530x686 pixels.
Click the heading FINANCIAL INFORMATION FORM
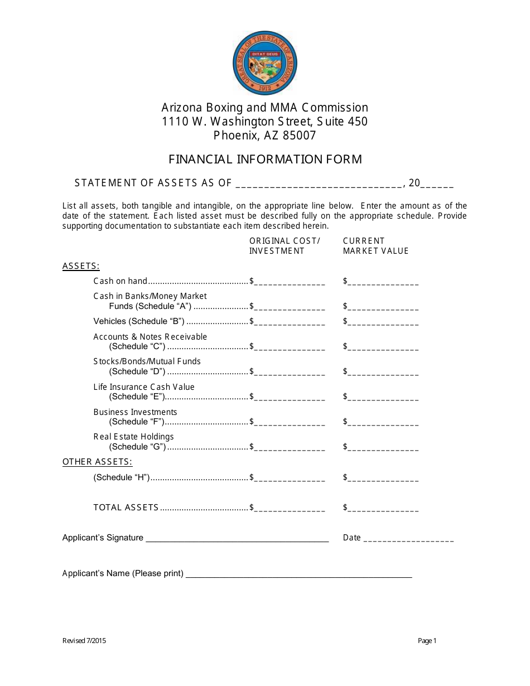pyautogui.click(x=265, y=160)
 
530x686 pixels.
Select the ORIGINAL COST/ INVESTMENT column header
pyautogui.click(x=285, y=246)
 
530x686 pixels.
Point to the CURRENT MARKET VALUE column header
pyautogui.click(x=375, y=246)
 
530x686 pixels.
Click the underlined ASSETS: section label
pyautogui.click(x=81, y=266)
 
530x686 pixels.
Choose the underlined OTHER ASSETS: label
pyautogui.click(x=97, y=462)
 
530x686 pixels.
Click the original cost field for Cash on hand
pyautogui.click(x=290, y=282)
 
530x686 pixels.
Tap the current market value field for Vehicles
pyautogui.click(x=383, y=322)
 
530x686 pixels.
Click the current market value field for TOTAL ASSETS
pyautogui.click(x=383, y=509)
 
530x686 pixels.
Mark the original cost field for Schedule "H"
pyautogui.click(x=290, y=479)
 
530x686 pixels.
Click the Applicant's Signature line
pyautogui.click(x=237, y=539)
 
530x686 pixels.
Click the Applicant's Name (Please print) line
pyautogui.click(x=298, y=574)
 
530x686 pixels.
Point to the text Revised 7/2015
pyautogui.click(x=84, y=641)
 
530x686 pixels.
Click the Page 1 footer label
pyautogui.click(x=427, y=641)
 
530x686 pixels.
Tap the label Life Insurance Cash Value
pyautogui.click(x=144, y=387)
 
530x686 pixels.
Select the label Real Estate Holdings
pyautogui.click(x=133, y=437)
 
